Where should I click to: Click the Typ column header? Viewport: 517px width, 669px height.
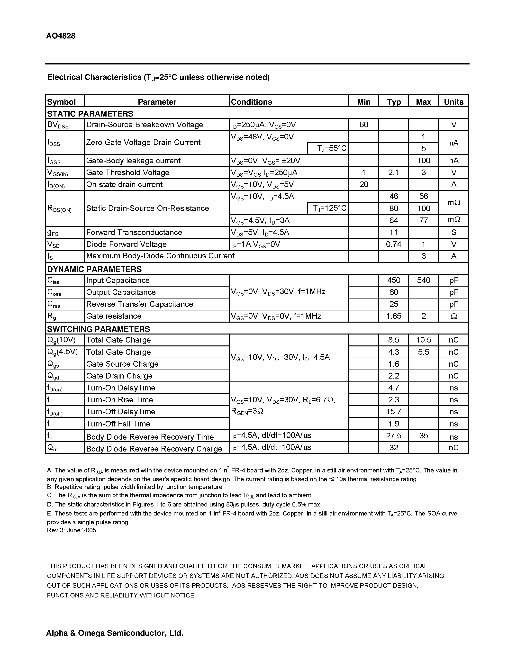point(394,102)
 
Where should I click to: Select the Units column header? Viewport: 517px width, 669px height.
point(454,102)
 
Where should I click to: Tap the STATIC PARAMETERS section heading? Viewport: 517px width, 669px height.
point(90,114)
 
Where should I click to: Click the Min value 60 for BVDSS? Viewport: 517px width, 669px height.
point(363,125)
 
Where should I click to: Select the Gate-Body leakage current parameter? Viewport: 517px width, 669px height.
point(133,161)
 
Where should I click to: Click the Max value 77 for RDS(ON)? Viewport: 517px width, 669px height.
point(424,220)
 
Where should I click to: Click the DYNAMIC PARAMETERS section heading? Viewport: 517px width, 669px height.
point(94,269)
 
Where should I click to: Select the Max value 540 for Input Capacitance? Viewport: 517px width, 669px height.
point(424,280)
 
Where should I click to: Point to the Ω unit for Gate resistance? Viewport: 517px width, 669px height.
point(454,316)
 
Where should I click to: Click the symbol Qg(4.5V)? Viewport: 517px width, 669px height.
point(63,352)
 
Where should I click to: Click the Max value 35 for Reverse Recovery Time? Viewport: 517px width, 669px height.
point(424,436)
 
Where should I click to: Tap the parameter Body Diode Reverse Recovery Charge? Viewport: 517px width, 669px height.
point(154,449)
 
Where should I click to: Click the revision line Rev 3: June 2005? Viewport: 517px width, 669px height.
point(71,530)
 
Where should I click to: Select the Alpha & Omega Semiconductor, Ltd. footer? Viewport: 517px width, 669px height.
point(115,633)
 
